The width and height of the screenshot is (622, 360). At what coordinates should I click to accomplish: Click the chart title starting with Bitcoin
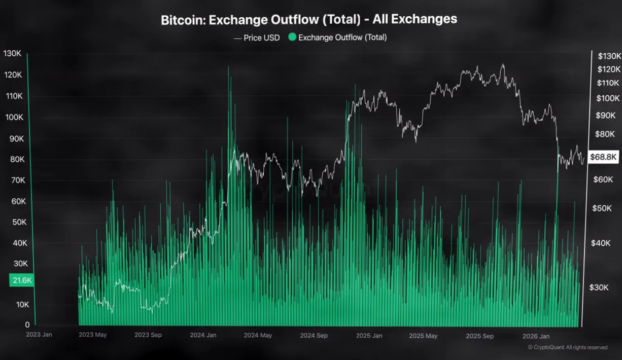pos(308,20)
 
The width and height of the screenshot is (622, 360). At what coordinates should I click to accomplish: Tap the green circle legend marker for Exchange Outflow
pos(292,37)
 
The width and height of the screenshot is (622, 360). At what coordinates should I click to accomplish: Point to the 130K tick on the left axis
pos(12,53)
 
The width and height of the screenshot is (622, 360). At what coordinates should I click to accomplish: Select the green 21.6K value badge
pos(21,280)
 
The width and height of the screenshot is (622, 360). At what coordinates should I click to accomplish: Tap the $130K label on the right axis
pos(609,56)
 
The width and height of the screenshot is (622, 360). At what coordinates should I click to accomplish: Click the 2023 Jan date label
pos(39,335)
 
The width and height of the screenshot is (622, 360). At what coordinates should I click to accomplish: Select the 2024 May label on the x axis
pos(258,335)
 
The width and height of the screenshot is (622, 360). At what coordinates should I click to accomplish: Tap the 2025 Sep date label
pos(479,336)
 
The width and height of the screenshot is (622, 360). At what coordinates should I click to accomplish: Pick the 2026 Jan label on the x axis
pos(536,336)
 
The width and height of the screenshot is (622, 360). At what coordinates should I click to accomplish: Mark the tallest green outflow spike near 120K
pos(228,68)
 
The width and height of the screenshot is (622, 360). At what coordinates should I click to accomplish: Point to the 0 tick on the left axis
pos(27,325)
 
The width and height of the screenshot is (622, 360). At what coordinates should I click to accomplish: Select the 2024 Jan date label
pos(203,335)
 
